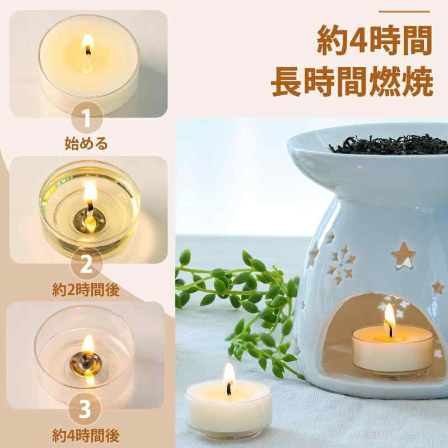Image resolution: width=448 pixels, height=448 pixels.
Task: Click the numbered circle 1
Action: pyautogui.click(x=87, y=118)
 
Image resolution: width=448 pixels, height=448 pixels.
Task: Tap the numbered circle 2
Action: pyautogui.click(x=86, y=264)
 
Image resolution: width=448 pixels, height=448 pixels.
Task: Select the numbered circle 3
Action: pyautogui.click(x=85, y=409)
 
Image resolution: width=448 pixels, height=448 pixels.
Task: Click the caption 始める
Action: pyautogui.click(x=86, y=143)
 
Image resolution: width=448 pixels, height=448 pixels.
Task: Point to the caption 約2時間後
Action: pyautogui.click(x=86, y=290)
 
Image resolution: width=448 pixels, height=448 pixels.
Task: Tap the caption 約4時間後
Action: pyautogui.click(x=86, y=436)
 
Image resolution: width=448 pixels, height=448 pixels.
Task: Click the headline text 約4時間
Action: pyautogui.click(x=375, y=40)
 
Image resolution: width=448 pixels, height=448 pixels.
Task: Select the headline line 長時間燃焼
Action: pyautogui.click(x=352, y=82)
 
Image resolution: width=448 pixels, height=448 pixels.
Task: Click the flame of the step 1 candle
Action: pyautogui.click(x=87, y=44)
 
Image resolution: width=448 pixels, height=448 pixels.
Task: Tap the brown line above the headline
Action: pyautogui.click(x=404, y=12)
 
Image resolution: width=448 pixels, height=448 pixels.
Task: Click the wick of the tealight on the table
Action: pyautogui.click(x=229, y=389)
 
